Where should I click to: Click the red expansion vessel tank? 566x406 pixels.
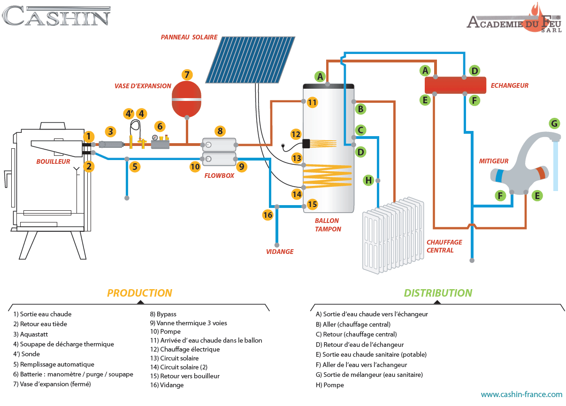(187, 100)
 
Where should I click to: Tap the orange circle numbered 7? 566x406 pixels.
(187, 75)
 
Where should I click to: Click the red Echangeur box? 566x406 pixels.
(455, 85)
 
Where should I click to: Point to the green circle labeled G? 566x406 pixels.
(554, 123)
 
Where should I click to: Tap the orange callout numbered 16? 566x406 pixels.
(268, 215)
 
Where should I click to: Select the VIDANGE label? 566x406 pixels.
(280, 252)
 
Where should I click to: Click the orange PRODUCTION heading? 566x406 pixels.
(139, 293)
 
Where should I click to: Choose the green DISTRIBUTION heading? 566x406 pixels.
(438, 293)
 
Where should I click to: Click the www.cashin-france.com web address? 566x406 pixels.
(521, 395)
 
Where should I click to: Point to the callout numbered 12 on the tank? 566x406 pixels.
(296, 134)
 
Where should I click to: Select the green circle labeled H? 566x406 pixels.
(368, 180)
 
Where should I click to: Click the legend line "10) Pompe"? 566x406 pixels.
(165, 331)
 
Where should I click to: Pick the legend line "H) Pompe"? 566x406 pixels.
(330, 385)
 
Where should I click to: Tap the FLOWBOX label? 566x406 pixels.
(218, 176)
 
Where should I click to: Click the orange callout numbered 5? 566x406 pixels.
(135, 166)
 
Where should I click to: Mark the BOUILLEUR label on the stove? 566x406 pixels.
(53, 161)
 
